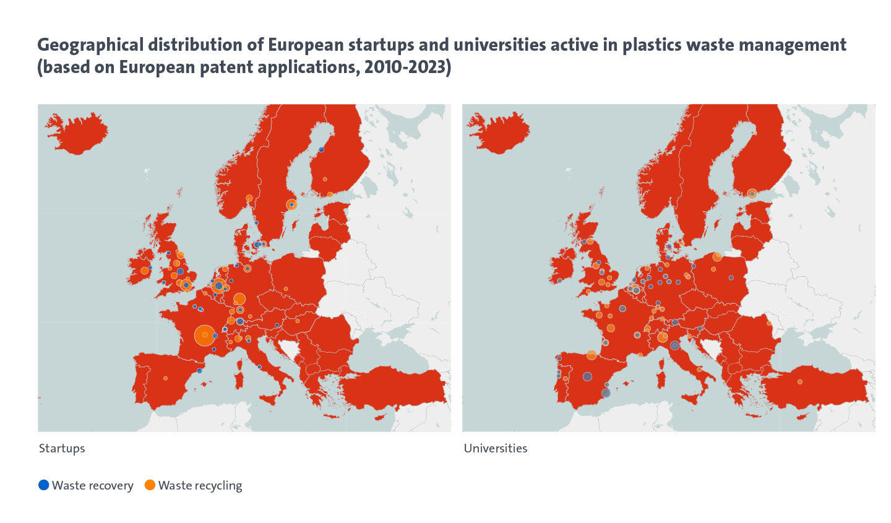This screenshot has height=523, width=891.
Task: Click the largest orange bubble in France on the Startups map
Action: [204, 335]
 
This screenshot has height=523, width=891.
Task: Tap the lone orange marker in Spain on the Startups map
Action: [165, 378]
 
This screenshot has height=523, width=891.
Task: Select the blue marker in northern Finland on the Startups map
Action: [321, 150]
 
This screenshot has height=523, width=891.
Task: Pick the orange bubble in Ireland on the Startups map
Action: [144, 270]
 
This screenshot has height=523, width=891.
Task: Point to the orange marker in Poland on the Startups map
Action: [286, 289]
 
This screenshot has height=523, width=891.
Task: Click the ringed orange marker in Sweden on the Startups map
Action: [291, 204]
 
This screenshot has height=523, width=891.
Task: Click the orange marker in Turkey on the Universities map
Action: [800, 382]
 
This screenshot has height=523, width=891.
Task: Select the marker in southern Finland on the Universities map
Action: [752, 194]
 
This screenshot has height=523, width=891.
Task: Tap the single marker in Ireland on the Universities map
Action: [559, 280]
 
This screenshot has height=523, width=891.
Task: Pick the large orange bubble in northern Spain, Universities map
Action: [592, 355]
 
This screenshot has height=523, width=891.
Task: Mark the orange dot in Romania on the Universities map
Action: [769, 323]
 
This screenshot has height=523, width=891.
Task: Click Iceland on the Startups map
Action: [77, 132]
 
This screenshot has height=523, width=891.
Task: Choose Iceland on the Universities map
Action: [500, 132]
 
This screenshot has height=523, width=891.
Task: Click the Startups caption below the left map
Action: [62, 448]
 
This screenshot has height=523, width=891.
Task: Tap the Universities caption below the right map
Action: [496, 448]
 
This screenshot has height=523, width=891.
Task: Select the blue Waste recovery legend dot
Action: [43, 485]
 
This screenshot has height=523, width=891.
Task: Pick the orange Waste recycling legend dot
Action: [150, 485]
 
